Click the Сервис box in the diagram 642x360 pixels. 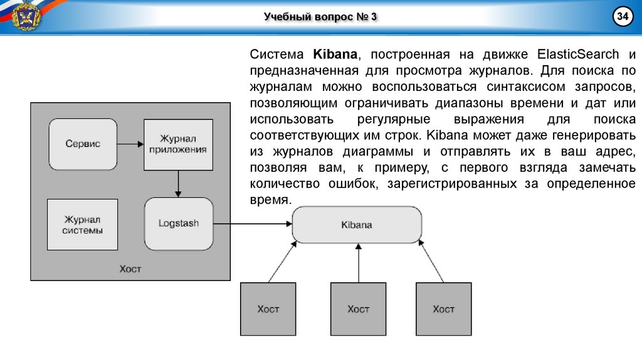tap(82, 144)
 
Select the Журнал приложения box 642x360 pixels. tap(178, 144)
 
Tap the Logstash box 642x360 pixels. tap(178, 223)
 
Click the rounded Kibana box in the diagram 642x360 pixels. tap(356, 225)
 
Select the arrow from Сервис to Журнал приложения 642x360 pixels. tap(130, 144)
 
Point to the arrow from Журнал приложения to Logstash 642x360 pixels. tap(179, 184)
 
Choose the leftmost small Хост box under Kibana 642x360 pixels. tap(268, 309)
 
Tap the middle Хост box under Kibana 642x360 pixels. tap(358, 309)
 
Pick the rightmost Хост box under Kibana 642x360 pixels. tap(443, 309)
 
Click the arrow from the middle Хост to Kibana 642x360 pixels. tap(358, 263)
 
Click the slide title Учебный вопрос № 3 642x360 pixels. tap(320, 17)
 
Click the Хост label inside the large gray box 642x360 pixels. tap(130, 269)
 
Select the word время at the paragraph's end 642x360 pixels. tap(270, 201)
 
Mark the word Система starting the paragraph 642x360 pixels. tap(273, 54)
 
